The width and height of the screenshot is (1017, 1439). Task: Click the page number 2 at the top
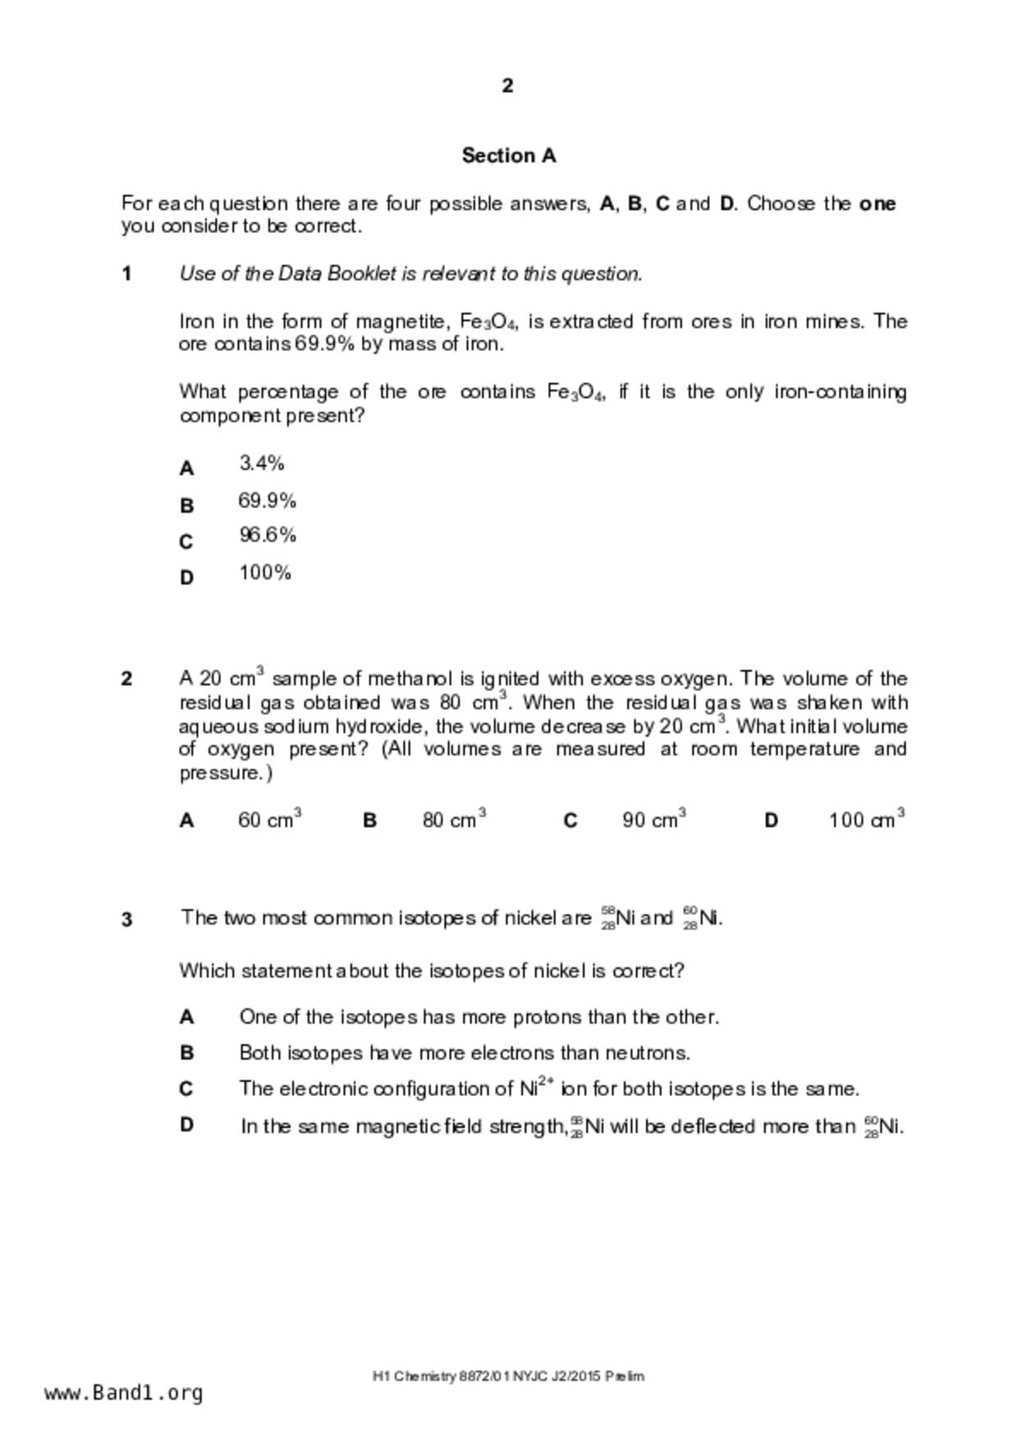point(507,85)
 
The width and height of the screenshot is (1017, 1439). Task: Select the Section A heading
point(508,155)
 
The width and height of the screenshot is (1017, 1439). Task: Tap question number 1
point(126,274)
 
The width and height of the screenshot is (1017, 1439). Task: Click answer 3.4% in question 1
point(262,464)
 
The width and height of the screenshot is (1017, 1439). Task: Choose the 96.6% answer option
point(268,535)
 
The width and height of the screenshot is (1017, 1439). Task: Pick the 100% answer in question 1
point(265,573)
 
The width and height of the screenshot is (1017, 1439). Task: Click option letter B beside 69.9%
point(186,505)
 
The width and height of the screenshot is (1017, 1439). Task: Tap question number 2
point(126,679)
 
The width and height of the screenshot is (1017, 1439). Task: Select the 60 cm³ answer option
point(269,819)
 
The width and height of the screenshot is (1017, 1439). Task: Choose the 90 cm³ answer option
point(653,819)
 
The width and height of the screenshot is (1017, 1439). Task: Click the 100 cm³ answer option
point(866,819)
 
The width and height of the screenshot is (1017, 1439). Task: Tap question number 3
point(126,920)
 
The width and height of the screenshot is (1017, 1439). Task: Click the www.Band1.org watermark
point(123,1392)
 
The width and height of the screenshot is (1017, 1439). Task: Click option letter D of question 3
point(186,1125)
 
